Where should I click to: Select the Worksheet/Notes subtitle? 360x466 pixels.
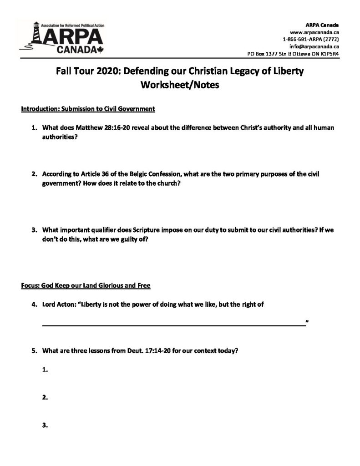pos(180,85)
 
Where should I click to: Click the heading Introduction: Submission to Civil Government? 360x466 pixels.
pos(88,109)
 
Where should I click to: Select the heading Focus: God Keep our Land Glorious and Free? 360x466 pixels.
pos(86,286)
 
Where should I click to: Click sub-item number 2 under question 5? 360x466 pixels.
pos(45,397)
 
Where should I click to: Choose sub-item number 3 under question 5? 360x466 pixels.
pos(45,425)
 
